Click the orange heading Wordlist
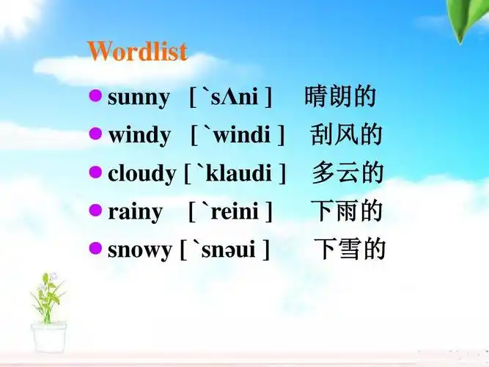[137, 51]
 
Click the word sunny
[139, 98]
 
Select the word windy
[139, 136]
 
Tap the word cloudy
[141, 174]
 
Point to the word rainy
[135, 212]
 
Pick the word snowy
[139, 250]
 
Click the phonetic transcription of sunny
[231, 98]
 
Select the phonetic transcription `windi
[238, 136]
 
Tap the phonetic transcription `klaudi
[235, 174]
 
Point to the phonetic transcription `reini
[231, 212]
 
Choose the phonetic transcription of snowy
[225, 250]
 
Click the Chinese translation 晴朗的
[340, 97]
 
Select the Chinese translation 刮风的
[346, 135]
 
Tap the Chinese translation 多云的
[348, 173]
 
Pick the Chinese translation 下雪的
[350, 250]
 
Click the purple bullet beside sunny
[95, 95]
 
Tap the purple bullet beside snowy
[95, 247]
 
